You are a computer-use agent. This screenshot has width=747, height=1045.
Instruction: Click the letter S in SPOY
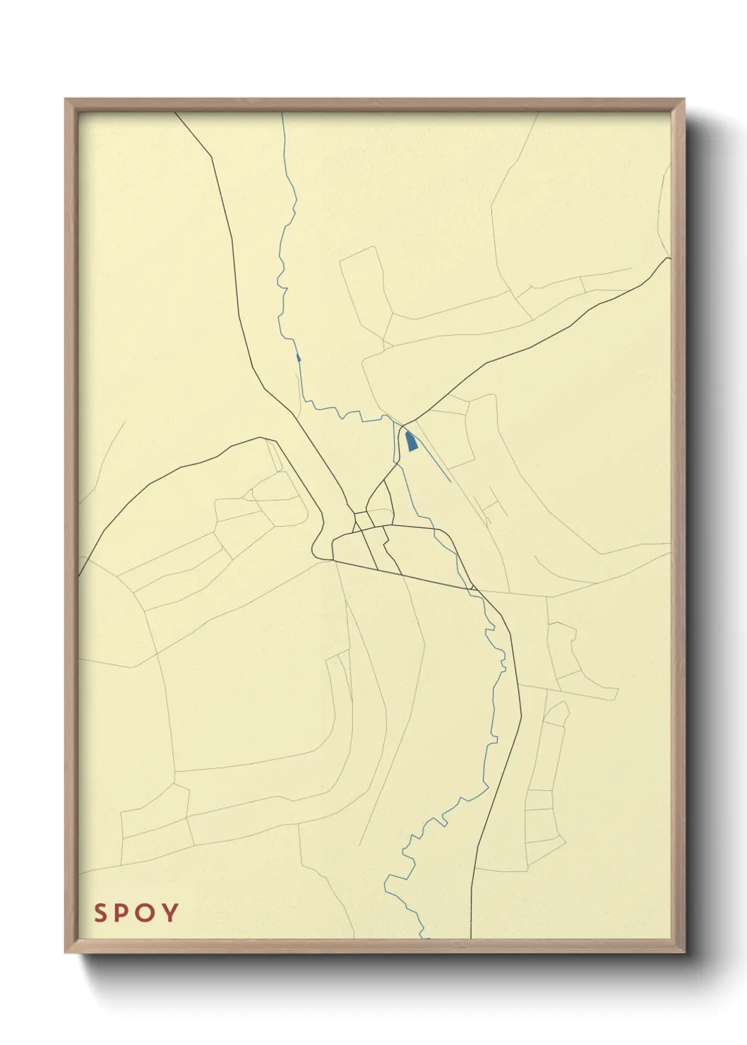[x=102, y=913]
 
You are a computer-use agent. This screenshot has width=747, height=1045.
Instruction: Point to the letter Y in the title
[x=170, y=913]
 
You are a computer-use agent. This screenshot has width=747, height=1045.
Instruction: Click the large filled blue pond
[x=411, y=441]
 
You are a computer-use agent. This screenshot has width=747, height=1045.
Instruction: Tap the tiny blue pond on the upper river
[x=299, y=357]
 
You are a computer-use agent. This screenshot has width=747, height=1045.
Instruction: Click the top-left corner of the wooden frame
[x=66, y=100]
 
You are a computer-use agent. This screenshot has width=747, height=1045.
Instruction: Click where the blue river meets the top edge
[x=282, y=114]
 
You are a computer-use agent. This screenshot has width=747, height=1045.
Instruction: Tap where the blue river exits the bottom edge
[x=426, y=938]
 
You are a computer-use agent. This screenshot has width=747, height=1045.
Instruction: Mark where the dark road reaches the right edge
[x=669, y=258]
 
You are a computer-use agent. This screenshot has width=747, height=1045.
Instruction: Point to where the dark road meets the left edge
[x=79, y=575]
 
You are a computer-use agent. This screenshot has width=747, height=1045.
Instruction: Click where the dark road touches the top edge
[x=176, y=114]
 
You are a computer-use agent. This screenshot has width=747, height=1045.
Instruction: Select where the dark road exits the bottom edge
[x=470, y=938]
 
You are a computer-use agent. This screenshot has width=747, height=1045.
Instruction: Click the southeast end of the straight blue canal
[x=450, y=482]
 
